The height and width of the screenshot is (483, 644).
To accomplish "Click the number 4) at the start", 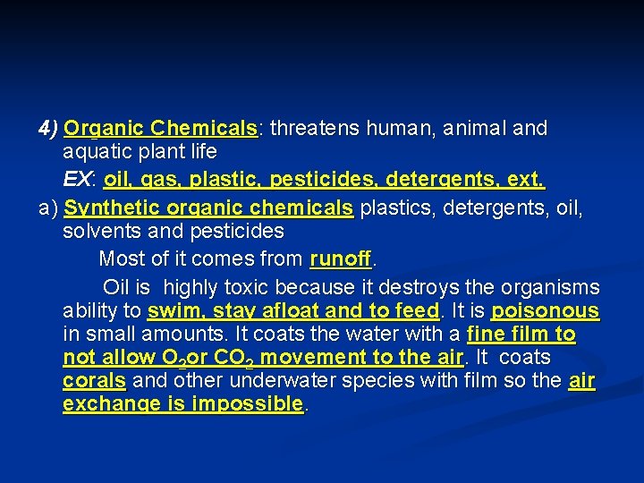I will [48, 128].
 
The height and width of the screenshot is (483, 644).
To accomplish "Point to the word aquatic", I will [95, 152].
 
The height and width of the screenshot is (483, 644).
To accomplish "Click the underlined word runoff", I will [340, 259].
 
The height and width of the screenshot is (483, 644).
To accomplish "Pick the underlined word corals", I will [95, 380].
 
